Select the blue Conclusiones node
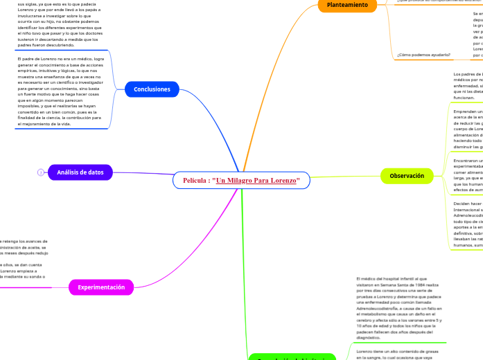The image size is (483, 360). click(x=152, y=89)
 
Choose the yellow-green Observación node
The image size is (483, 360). click(x=407, y=176)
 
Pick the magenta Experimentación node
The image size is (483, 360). click(x=101, y=287)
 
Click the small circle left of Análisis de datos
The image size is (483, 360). click(x=41, y=172)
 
